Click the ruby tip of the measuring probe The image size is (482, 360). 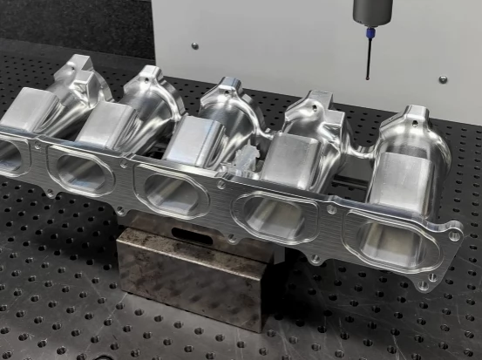click(x=367, y=78)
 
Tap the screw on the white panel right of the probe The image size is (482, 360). click(x=443, y=79)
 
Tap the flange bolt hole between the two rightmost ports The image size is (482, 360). click(x=331, y=209)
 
